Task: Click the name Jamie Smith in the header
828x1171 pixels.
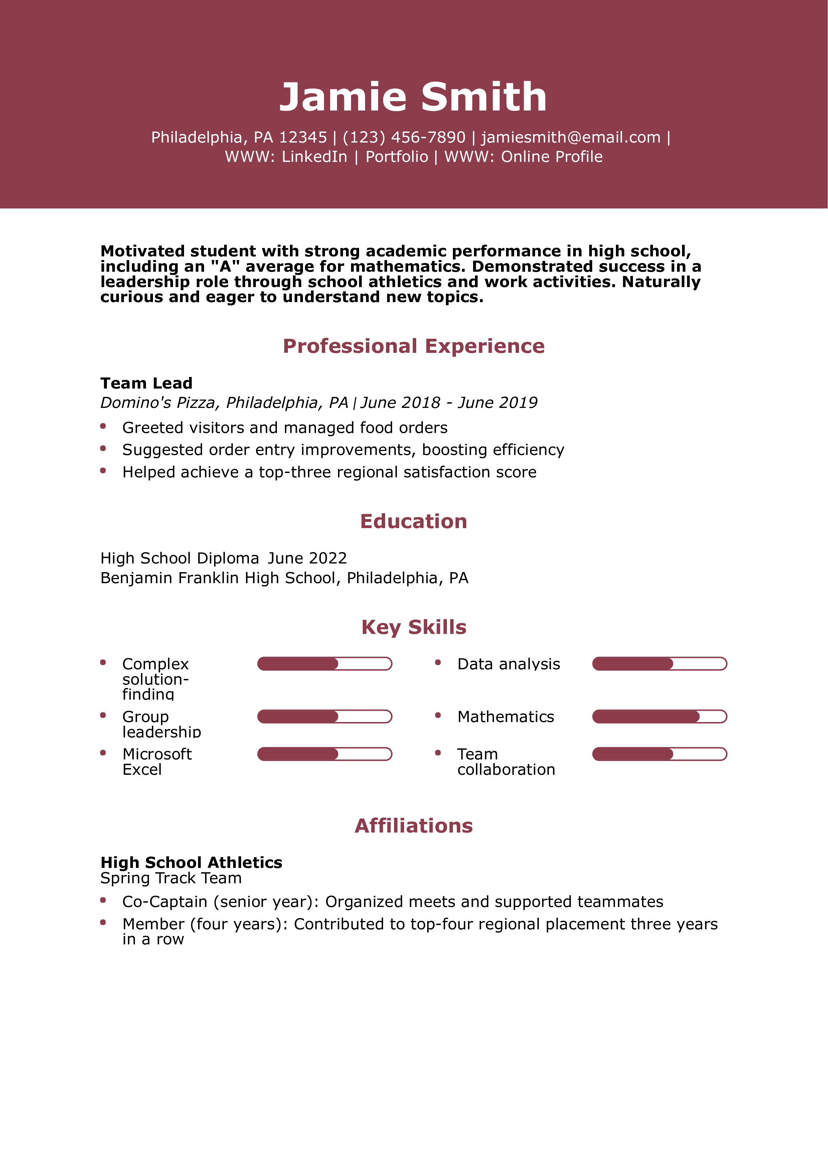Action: pos(413,97)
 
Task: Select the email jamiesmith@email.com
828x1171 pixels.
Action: pos(570,137)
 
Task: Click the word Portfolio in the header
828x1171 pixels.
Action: pos(396,157)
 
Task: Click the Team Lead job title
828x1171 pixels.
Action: pos(146,383)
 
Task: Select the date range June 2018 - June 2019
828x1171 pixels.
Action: pos(449,402)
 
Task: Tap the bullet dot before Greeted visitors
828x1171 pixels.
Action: pos(103,426)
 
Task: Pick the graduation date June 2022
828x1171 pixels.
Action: pos(307,558)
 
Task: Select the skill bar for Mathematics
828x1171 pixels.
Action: pos(659,717)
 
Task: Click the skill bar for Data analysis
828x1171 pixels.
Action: pos(659,664)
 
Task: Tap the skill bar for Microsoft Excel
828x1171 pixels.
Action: pos(324,754)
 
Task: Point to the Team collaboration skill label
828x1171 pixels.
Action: pos(506,761)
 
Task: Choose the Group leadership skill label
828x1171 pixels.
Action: pos(161,724)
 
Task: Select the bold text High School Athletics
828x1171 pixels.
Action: pos(191,863)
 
